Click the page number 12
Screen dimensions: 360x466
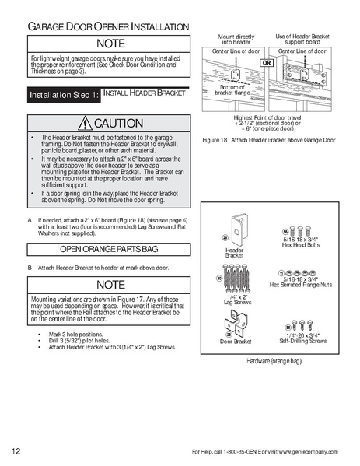click(16, 450)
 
